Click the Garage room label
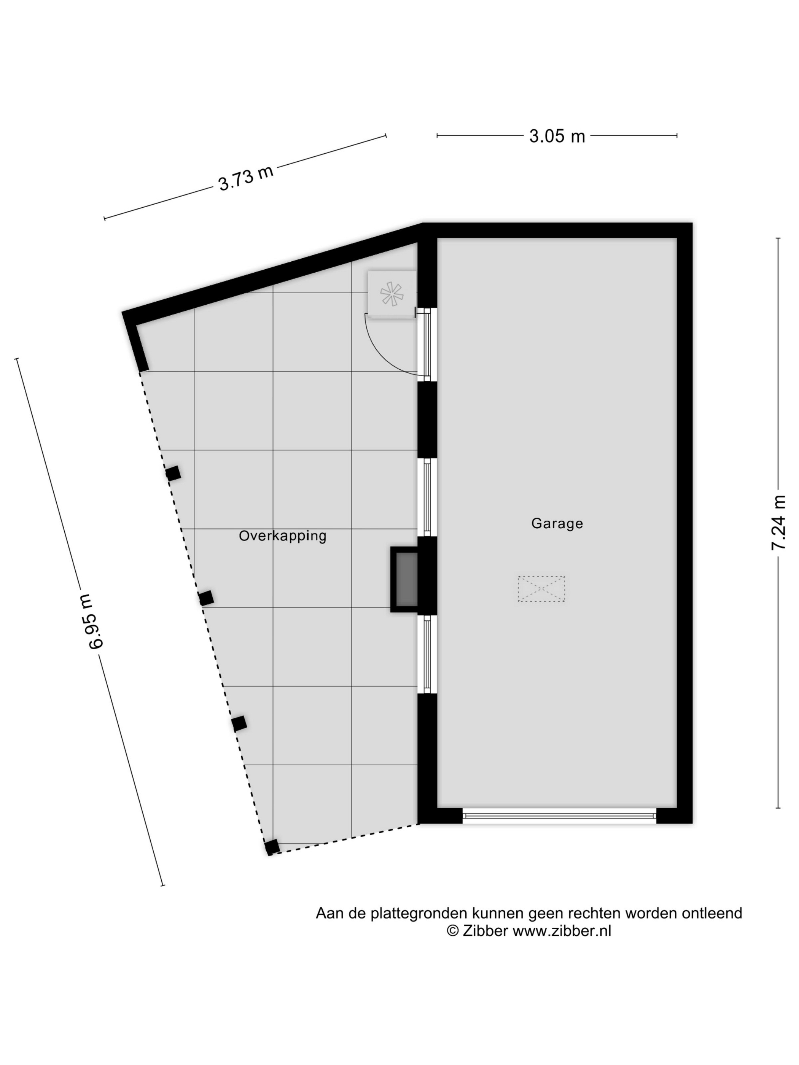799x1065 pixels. (557, 523)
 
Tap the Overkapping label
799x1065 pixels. (283, 536)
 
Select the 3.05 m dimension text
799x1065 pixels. (557, 136)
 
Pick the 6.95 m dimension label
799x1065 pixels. (96, 622)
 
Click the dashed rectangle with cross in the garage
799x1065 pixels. (541, 588)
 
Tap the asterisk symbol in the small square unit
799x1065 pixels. (391, 294)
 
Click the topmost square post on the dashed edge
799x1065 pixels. (173, 473)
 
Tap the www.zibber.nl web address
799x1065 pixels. (562, 931)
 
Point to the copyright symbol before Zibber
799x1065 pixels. (453, 931)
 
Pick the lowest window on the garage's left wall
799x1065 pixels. (427, 654)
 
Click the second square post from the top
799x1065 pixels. (206, 598)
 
